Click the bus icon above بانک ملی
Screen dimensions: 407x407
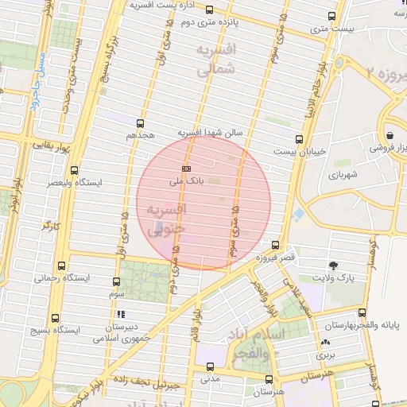[186, 169]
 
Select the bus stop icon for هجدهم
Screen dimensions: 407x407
[140, 123]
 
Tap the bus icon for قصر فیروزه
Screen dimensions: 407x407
[275, 245]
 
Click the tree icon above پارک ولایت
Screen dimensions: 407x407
[332, 265]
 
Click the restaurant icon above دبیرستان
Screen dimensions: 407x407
[120, 314]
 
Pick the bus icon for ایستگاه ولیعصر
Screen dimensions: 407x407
[74, 170]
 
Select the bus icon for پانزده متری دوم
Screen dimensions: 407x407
[209, 10]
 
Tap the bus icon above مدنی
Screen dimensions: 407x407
[209, 366]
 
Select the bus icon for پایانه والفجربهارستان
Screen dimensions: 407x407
[362, 312]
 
